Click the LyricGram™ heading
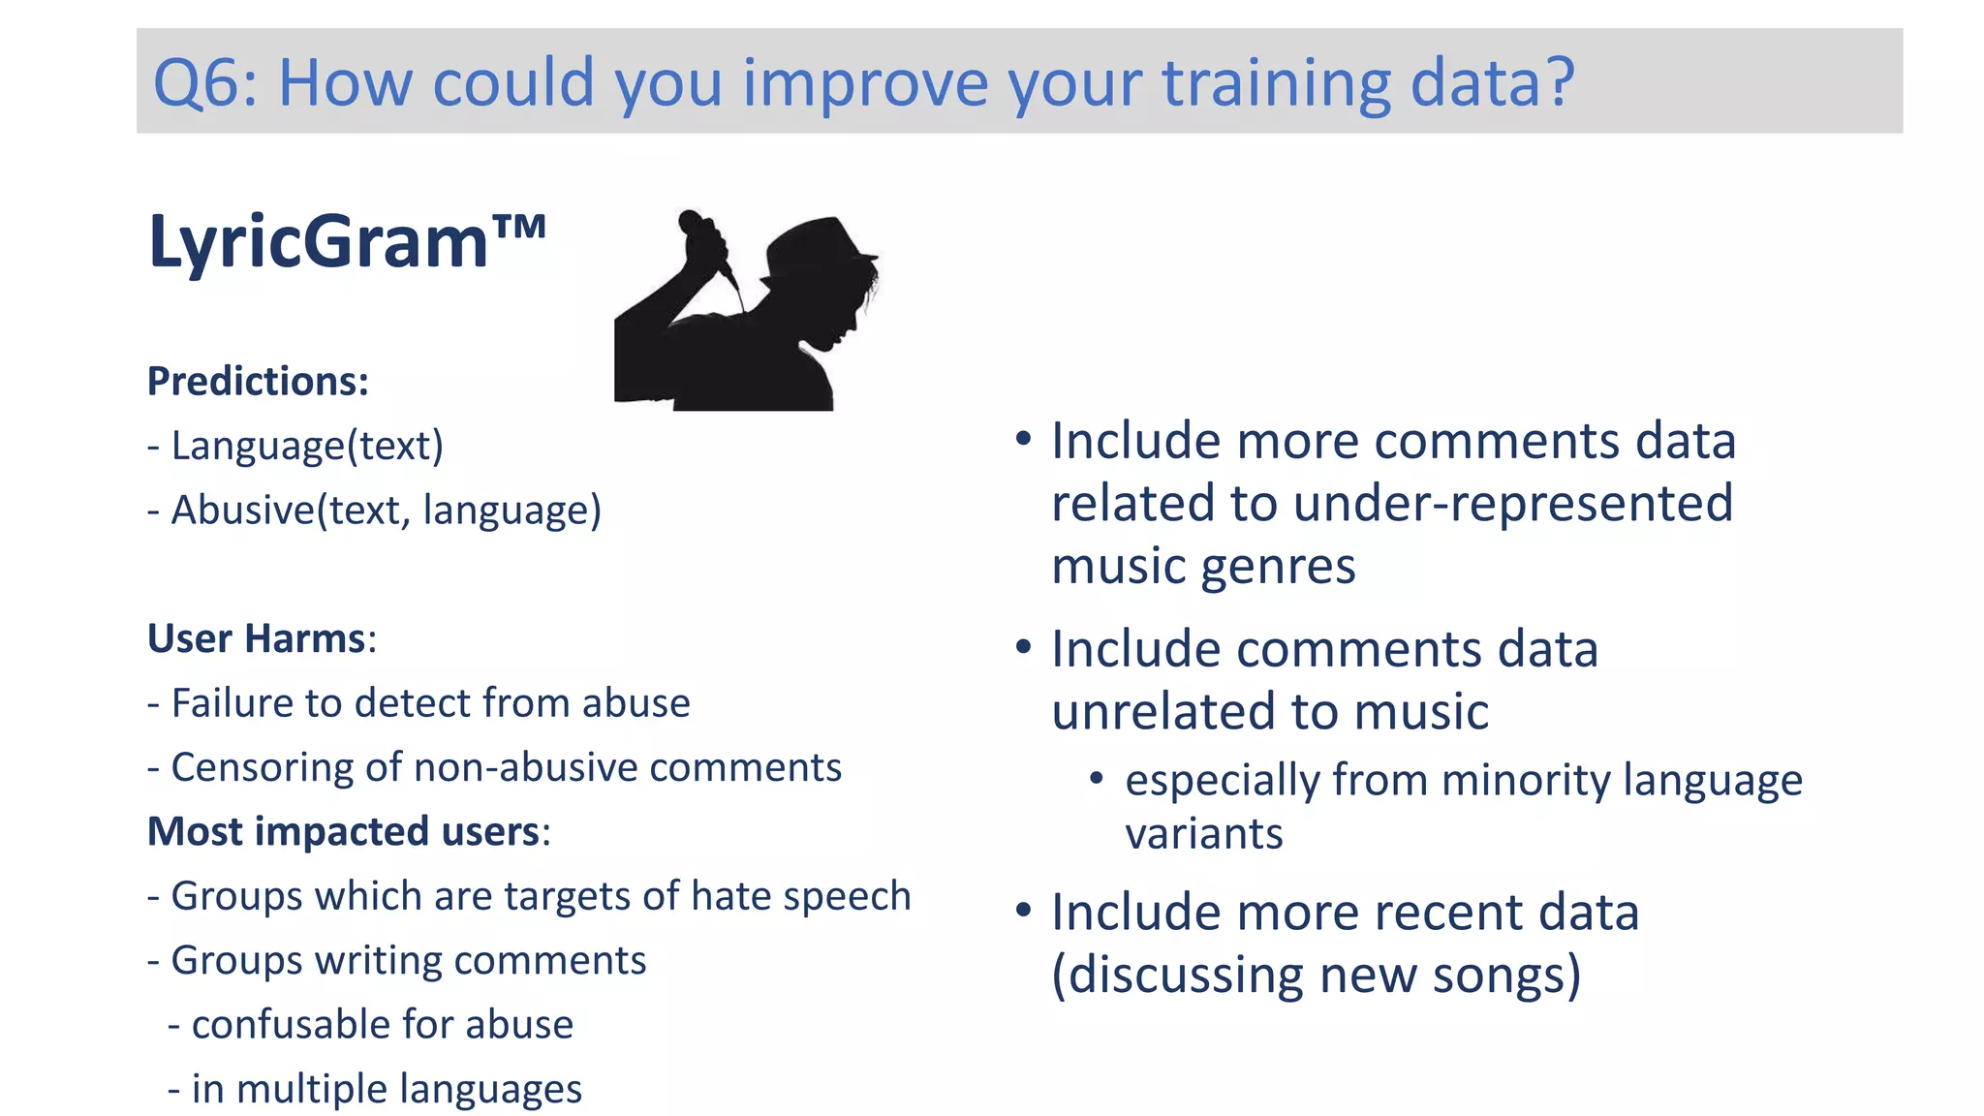tap(346, 242)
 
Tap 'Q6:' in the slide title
tap(204, 82)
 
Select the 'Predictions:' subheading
tap(258, 381)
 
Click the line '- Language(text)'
tap(295, 446)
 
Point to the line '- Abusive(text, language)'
tap(374, 510)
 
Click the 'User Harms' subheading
tap(257, 638)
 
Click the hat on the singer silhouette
tap(819, 247)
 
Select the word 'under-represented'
tap(1512, 504)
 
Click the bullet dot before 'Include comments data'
tap(1023, 648)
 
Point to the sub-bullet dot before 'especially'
tap(1097, 779)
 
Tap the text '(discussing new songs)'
tap(1316, 975)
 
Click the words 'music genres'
tap(1203, 566)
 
